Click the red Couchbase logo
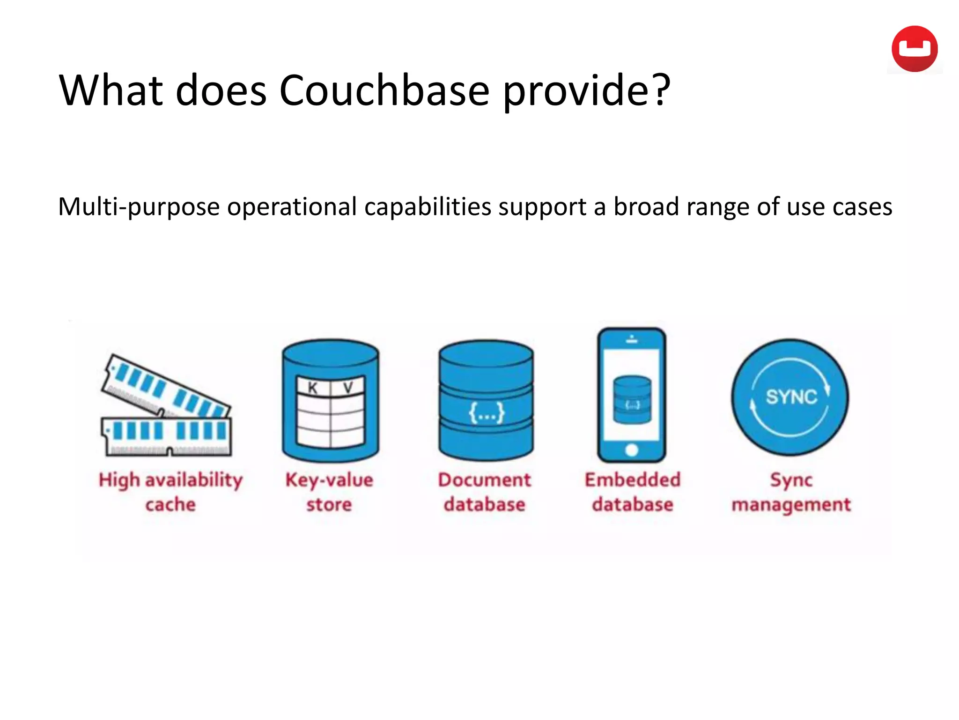click(914, 49)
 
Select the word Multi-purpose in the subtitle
click(139, 207)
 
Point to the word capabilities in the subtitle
click(428, 207)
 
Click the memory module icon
click(166, 405)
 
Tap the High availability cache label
click(170, 492)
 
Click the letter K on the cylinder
click(313, 388)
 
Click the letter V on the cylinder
click(348, 388)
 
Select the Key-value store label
click(329, 492)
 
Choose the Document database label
click(485, 492)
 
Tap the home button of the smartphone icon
click(631, 450)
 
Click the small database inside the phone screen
click(632, 399)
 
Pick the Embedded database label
click(632, 492)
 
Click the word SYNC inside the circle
click(791, 397)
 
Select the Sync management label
click(791, 492)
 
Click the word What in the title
click(111, 90)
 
